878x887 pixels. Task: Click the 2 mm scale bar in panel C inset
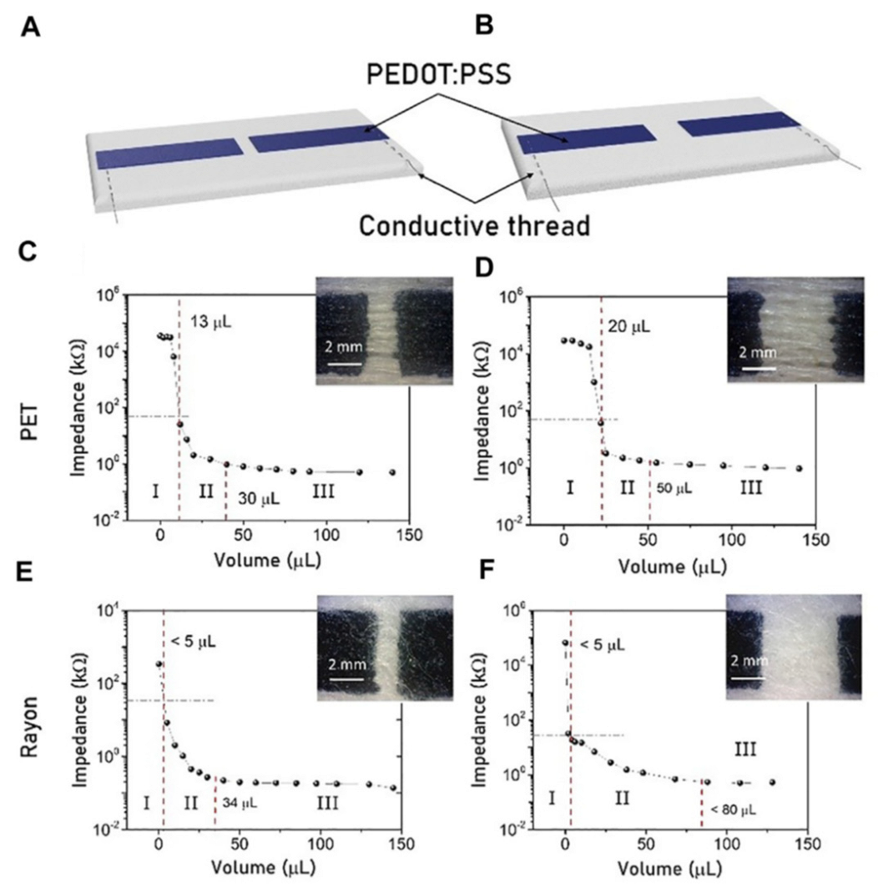345,364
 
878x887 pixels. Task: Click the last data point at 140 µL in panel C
392,472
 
